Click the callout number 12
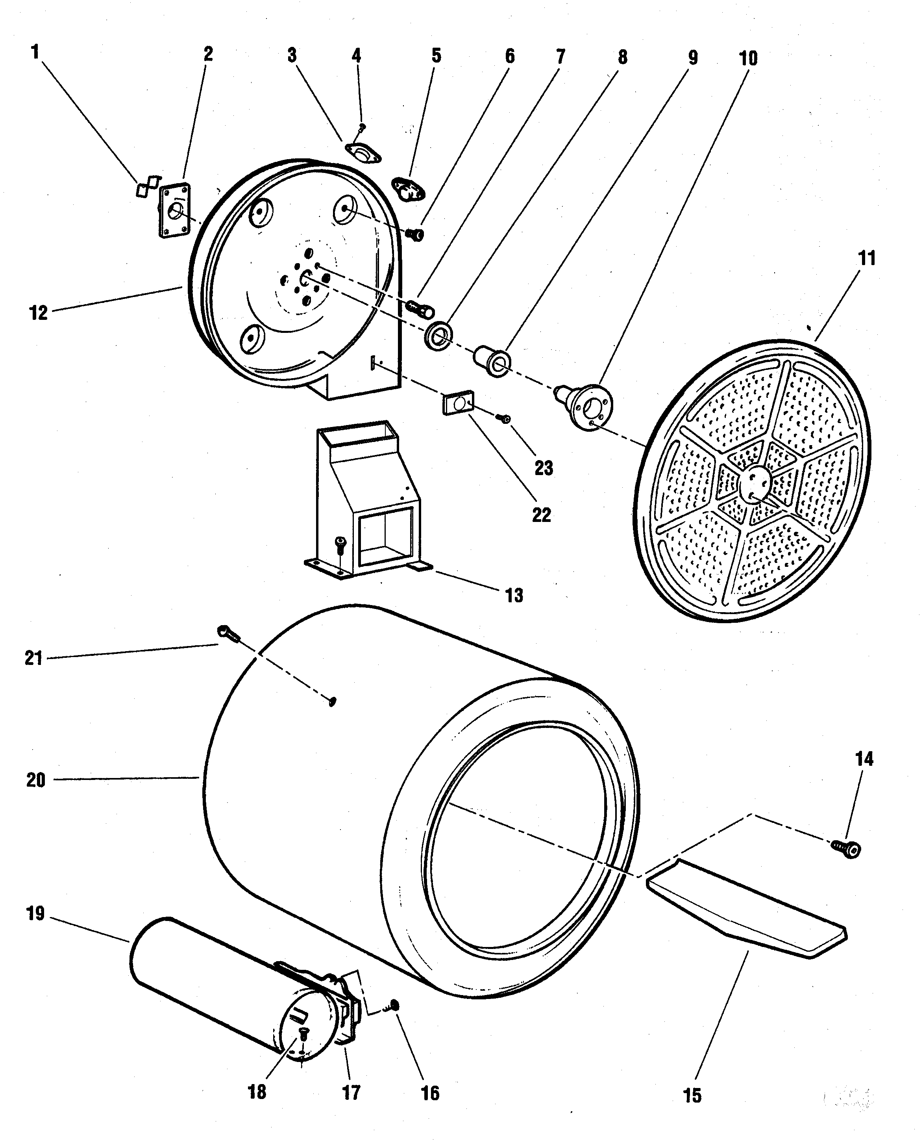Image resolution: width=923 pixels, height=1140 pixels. (x=38, y=313)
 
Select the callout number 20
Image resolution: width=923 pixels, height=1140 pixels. (x=36, y=780)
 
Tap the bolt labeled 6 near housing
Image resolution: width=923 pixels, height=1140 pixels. (x=415, y=234)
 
